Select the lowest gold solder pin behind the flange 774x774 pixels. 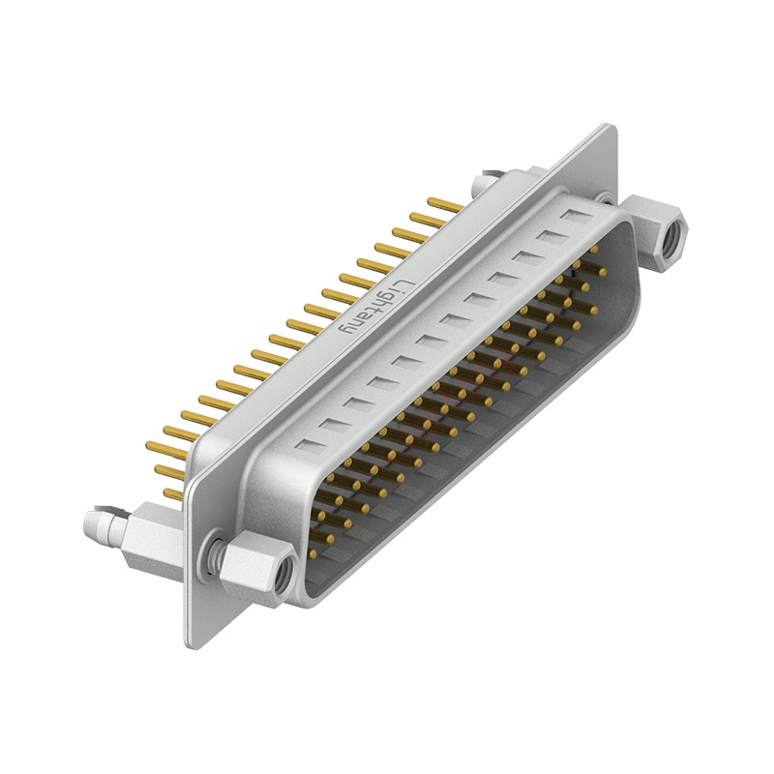[x=171, y=494]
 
